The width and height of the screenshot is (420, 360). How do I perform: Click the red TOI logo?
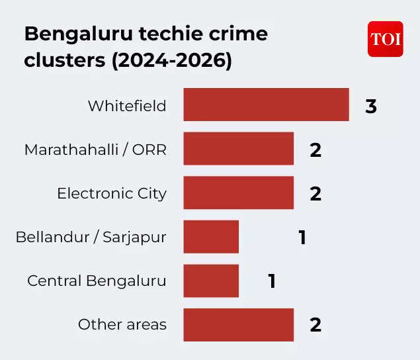385,39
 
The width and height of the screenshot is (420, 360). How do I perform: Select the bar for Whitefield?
266,105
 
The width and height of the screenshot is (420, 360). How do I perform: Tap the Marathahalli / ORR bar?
238,149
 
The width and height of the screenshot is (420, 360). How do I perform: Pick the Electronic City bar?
238,193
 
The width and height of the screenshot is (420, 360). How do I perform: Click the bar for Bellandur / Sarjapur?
211,237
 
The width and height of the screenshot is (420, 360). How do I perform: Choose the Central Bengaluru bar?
211,281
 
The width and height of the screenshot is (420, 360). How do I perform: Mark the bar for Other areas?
238,325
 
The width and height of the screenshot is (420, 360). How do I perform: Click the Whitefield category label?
127,106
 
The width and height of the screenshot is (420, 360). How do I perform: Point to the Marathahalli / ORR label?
95,150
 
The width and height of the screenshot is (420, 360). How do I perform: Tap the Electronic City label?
112,194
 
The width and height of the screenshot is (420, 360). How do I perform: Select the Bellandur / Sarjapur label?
91,238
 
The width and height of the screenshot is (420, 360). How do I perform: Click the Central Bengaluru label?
97,281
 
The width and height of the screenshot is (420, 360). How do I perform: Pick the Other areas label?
122,325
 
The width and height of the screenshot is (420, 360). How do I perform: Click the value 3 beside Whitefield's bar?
371,106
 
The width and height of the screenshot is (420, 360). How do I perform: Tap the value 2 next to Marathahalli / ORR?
315,150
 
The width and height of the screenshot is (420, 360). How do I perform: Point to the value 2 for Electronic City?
315,194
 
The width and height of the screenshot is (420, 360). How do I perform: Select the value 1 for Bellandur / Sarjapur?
302,238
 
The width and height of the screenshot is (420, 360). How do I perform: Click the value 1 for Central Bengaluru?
272,281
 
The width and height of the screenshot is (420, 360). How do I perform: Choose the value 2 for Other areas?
315,325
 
